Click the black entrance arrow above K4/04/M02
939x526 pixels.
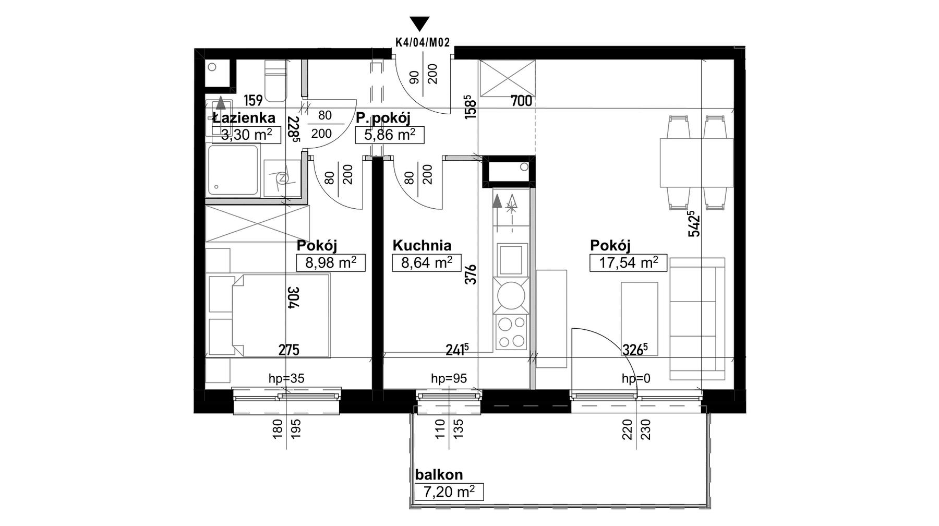click(419, 24)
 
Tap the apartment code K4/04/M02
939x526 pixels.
click(423, 43)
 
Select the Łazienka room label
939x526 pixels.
click(244, 117)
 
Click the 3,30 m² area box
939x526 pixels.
click(247, 135)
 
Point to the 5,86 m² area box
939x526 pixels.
click(390, 135)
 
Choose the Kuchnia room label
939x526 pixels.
click(422, 245)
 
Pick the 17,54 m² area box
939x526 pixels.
click(628, 262)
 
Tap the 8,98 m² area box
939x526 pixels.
click(331, 262)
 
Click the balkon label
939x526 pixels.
click(439, 475)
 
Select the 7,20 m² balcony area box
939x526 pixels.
click(449, 492)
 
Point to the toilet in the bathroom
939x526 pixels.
click(275, 81)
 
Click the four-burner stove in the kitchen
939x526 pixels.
click(511, 333)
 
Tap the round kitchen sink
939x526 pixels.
click(511, 295)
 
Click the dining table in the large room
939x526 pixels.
click(696, 162)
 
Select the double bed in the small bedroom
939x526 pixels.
click(269, 315)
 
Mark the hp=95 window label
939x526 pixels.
click(449, 378)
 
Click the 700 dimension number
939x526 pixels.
click(522, 101)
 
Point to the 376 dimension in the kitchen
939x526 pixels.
click(471, 275)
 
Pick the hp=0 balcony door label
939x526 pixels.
click(636, 378)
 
